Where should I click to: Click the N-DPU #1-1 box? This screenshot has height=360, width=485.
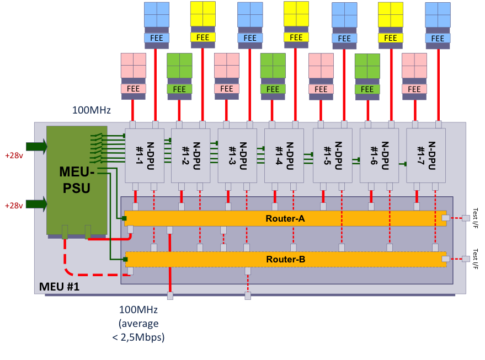coord(144,155)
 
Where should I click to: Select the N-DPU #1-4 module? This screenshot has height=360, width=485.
coord(284,155)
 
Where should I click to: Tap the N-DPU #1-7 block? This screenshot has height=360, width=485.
coord(425,155)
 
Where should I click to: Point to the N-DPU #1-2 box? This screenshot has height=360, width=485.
coord(190,155)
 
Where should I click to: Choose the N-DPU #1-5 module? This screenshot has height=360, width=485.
coord(332,155)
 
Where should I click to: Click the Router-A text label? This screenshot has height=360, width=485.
coord(285,218)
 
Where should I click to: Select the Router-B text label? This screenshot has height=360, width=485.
coord(285,259)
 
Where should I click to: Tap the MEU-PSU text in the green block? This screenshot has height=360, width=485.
coord(77,180)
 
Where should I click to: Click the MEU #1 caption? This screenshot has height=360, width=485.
coord(59,287)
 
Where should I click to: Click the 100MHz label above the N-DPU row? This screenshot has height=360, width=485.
coord(92,110)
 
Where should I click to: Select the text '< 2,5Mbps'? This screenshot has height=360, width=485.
coord(138,337)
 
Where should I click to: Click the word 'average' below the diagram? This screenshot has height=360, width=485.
coord(138,323)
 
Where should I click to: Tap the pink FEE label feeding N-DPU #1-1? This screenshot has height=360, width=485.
coord(133,89)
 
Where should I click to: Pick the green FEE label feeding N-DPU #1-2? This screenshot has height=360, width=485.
coord(179,89)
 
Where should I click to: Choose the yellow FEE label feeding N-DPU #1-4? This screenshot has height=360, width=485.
coord(296,37)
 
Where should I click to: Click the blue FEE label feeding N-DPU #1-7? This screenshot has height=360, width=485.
coord(438,38)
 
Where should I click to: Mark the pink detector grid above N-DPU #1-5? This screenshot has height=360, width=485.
coord(321,66)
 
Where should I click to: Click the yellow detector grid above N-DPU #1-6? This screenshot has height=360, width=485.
coord(390,14)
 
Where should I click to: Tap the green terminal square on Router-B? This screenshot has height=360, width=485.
coord(126,259)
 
